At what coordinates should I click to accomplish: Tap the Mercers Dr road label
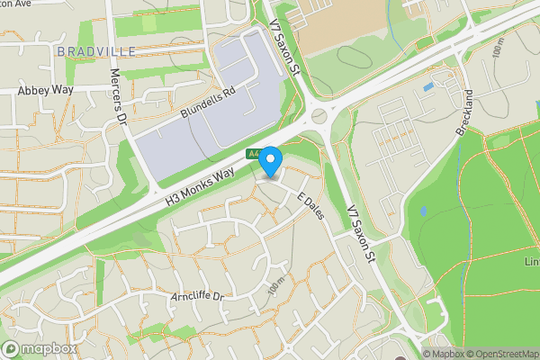[116, 94]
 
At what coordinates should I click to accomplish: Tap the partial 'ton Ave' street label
[18, 4]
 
